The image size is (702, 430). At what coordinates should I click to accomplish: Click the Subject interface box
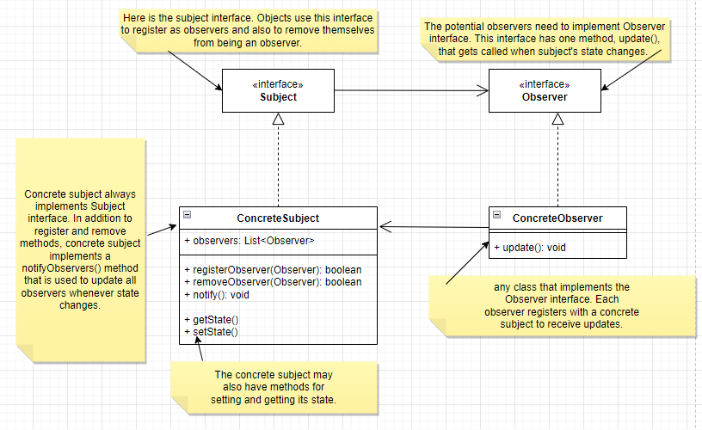pos(278,91)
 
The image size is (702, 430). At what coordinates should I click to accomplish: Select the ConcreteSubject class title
pos(278,218)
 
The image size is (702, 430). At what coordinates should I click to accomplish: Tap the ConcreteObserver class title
pos(557,218)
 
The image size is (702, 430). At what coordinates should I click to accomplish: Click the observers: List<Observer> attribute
pos(249,241)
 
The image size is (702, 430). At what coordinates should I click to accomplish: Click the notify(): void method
pos(217,295)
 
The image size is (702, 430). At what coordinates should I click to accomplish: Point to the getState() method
pos(210,319)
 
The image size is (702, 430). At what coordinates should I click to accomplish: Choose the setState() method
pos(210,331)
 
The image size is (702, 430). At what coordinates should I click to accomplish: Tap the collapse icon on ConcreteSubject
pos(188,215)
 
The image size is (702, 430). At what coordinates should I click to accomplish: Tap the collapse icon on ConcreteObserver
pos(497,215)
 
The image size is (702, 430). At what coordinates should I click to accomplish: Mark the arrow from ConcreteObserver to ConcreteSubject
pos(434,226)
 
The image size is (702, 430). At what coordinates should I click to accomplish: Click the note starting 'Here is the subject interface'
pos(250,30)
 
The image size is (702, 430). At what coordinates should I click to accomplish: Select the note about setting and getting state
pos(274,388)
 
